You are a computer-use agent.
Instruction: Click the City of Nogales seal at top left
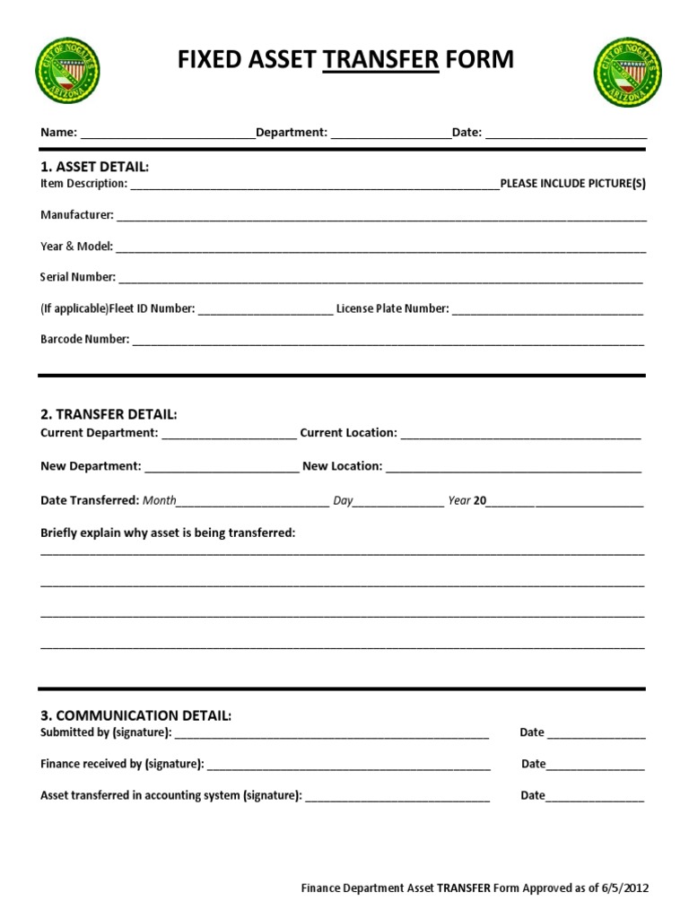(x=67, y=71)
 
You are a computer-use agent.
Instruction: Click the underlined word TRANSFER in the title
(x=380, y=60)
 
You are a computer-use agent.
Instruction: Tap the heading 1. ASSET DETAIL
(x=95, y=167)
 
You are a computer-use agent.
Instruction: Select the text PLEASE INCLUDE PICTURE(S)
(x=572, y=184)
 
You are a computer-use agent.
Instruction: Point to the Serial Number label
(x=78, y=277)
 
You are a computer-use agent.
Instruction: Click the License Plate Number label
(x=392, y=308)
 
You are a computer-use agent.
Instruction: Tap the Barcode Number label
(x=85, y=340)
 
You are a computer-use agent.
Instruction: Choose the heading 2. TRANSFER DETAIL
(x=109, y=414)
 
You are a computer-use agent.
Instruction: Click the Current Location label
(x=348, y=433)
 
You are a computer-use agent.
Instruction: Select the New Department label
(x=91, y=466)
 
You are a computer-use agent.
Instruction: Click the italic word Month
(x=160, y=500)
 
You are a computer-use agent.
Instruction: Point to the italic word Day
(x=343, y=500)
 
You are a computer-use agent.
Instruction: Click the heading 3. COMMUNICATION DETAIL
(x=135, y=715)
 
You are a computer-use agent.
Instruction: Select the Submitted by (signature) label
(x=106, y=732)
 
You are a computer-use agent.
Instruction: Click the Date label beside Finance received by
(x=533, y=764)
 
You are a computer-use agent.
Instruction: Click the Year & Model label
(x=76, y=247)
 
